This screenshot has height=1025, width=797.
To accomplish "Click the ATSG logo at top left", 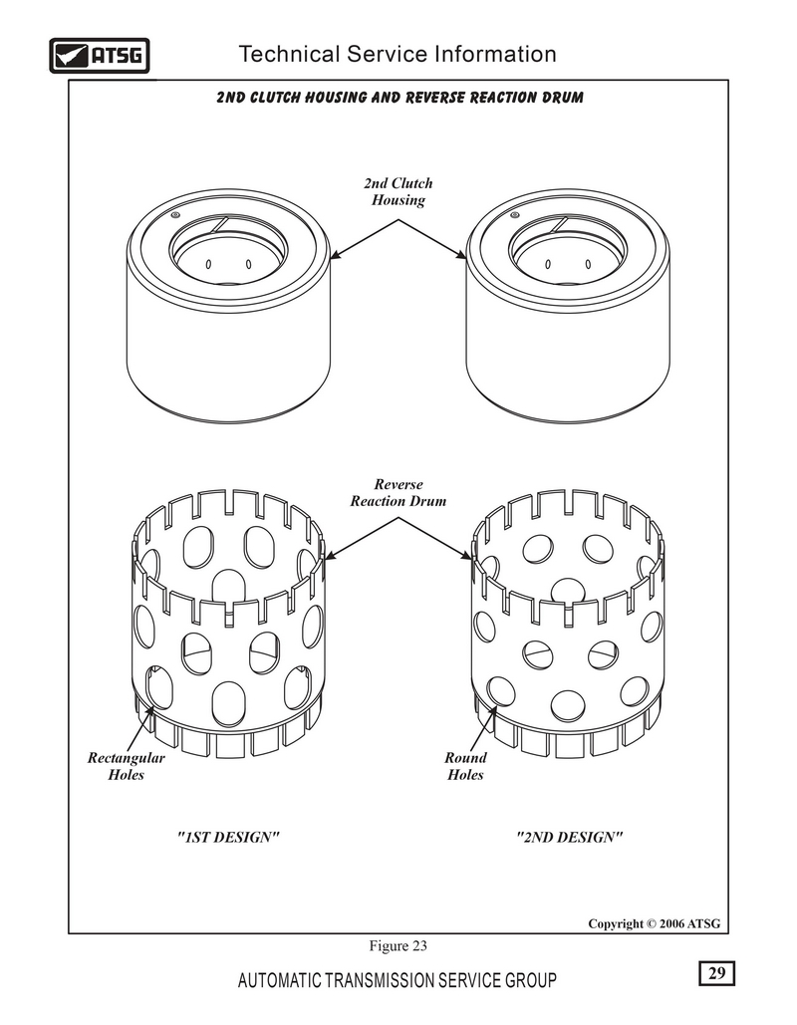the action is pos(100,56).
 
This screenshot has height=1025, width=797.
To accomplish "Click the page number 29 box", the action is pos(716,972).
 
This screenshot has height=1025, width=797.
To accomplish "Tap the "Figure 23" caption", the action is pos(398,946).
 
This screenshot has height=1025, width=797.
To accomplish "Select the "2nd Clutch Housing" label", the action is pos(398,191).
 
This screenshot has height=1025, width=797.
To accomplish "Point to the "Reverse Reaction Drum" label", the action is pos(398,493).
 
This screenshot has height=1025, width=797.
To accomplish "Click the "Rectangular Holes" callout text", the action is pos(127,766).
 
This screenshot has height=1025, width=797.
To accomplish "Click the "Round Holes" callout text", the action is pos(465,766).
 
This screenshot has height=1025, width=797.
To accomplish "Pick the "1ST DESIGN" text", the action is pos(228,838).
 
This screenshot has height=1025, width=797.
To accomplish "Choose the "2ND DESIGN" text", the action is pos(569,838).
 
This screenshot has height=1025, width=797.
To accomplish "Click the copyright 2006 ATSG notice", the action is pos(654,923).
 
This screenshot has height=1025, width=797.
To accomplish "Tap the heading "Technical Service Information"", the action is pos(398,54).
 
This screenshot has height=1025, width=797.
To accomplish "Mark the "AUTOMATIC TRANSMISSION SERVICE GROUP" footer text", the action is pos(398,980).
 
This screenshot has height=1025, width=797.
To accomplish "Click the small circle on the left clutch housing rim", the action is pos(174,214).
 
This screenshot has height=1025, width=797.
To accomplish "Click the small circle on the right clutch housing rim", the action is pos(514,214).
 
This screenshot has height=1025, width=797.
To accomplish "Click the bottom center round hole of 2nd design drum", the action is pos(568,705).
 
